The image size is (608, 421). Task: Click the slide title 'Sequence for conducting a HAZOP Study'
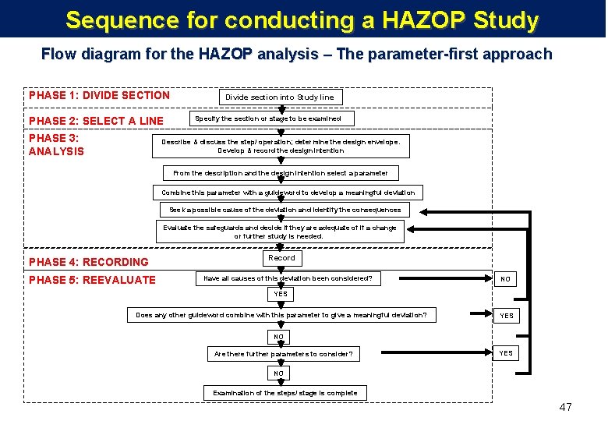(x=302, y=19)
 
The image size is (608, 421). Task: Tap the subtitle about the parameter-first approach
(x=296, y=55)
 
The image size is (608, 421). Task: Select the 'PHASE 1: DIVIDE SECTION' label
(x=99, y=95)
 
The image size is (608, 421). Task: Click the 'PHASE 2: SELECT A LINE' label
(x=96, y=121)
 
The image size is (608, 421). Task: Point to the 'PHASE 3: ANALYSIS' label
(x=56, y=144)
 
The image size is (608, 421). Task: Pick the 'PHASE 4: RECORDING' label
(x=88, y=262)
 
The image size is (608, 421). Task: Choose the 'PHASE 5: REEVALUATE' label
(x=92, y=280)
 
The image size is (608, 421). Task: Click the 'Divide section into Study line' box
(x=280, y=97)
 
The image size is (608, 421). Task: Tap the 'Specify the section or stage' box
(x=267, y=119)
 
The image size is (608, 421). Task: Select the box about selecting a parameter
(x=280, y=173)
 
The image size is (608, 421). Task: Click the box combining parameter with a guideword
(x=288, y=192)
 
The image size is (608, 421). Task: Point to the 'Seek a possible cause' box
(x=285, y=210)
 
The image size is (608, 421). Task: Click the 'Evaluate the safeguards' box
(x=279, y=232)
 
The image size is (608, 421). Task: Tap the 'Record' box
(x=281, y=258)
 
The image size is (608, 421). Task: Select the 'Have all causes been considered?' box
(x=288, y=278)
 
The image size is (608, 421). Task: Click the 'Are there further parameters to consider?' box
(x=283, y=355)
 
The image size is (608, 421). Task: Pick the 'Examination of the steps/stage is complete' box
(x=285, y=393)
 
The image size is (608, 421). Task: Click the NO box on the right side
(x=506, y=279)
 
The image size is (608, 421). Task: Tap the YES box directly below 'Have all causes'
(x=281, y=295)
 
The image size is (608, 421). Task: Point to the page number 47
(x=565, y=407)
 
